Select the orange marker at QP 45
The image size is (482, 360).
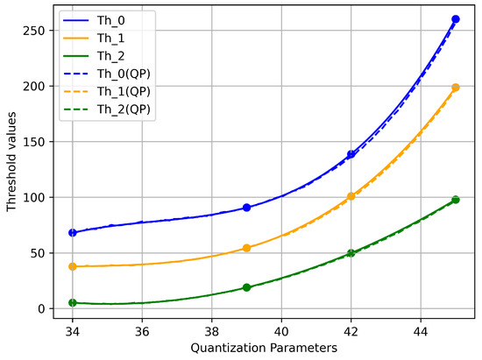(x=455, y=88)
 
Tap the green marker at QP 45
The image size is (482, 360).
(x=455, y=200)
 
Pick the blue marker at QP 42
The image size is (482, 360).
(x=351, y=154)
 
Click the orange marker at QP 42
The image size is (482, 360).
(x=351, y=196)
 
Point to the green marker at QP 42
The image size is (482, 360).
(x=351, y=253)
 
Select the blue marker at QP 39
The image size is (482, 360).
(x=246, y=208)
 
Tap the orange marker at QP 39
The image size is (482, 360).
(x=246, y=248)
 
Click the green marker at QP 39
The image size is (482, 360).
(x=246, y=287)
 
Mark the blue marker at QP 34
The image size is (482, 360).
(x=73, y=233)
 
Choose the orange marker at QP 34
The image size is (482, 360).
(x=73, y=266)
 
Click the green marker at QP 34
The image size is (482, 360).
(x=73, y=303)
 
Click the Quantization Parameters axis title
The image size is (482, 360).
(x=264, y=349)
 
